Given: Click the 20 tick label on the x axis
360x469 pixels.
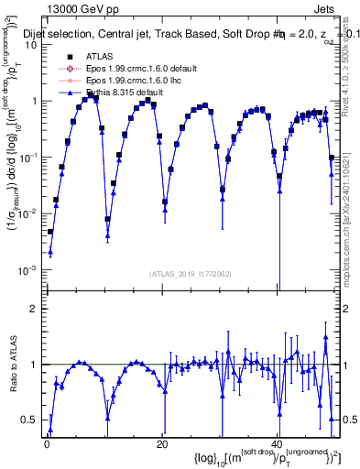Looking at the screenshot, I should point(162,444).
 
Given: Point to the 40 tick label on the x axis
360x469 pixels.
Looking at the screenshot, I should point(278,444).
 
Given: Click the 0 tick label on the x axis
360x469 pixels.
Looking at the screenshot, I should point(47,444).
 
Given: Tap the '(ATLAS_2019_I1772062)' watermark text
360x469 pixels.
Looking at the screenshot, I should point(191,274).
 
